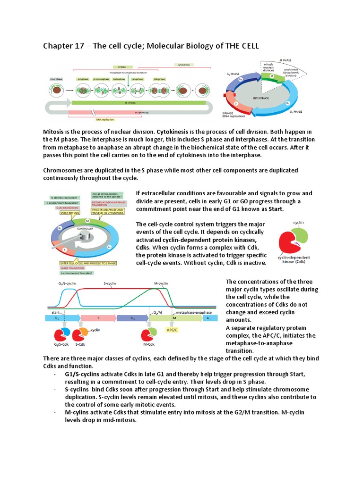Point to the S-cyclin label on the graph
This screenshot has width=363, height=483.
111,283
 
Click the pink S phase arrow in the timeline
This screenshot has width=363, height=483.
98,319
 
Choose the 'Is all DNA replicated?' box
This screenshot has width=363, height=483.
64,198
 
